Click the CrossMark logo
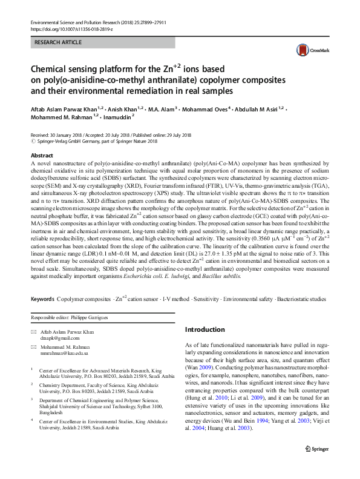tap(318, 51)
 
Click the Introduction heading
tap(205, 329)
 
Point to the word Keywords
tap(42, 299)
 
